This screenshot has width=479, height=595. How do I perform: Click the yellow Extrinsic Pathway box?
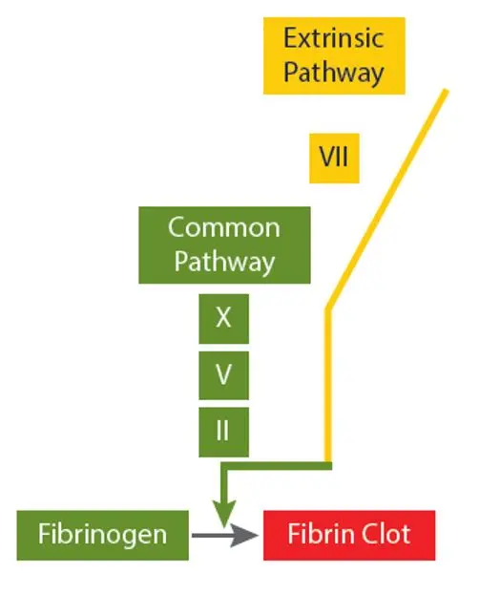pyautogui.click(x=334, y=55)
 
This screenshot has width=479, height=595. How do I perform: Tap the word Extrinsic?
pyautogui.click(x=334, y=38)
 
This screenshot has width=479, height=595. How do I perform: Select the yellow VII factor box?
pyautogui.click(x=334, y=159)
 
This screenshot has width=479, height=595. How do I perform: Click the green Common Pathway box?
pyautogui.click(x=224, y=245)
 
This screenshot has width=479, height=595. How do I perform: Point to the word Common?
pyautogui.click(x=224, y=227)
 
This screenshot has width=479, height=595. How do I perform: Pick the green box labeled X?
pyautogui.click(x=224, y=319)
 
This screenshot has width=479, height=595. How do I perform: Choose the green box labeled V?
pyautogui.click(x=224, y=375)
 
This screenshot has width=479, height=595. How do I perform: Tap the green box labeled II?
pyautogui.click(x=224, y=432)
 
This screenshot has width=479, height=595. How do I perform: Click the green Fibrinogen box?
pyautogui.click(x=103, y=535)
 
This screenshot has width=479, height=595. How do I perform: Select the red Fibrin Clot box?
pyautogui.click(x=349, y=535)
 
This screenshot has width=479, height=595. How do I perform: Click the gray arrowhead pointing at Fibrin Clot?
pyautogui.click(x=244, y=536)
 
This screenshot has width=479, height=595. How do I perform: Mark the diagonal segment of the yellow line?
pyautogui.click(x=387, y=200)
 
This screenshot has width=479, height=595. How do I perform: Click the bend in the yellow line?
pyautogui.click(x=328, y=310)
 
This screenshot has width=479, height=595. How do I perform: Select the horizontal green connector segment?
pyautogui.click(x=277, y=466)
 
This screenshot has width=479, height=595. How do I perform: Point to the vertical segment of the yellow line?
pyautogui.click(x=328, y=386)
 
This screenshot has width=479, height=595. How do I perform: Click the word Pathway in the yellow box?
pyautogui.click(x=334, y=72)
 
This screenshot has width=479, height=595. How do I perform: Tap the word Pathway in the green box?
pyautogui.click(x=224, y=262)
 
